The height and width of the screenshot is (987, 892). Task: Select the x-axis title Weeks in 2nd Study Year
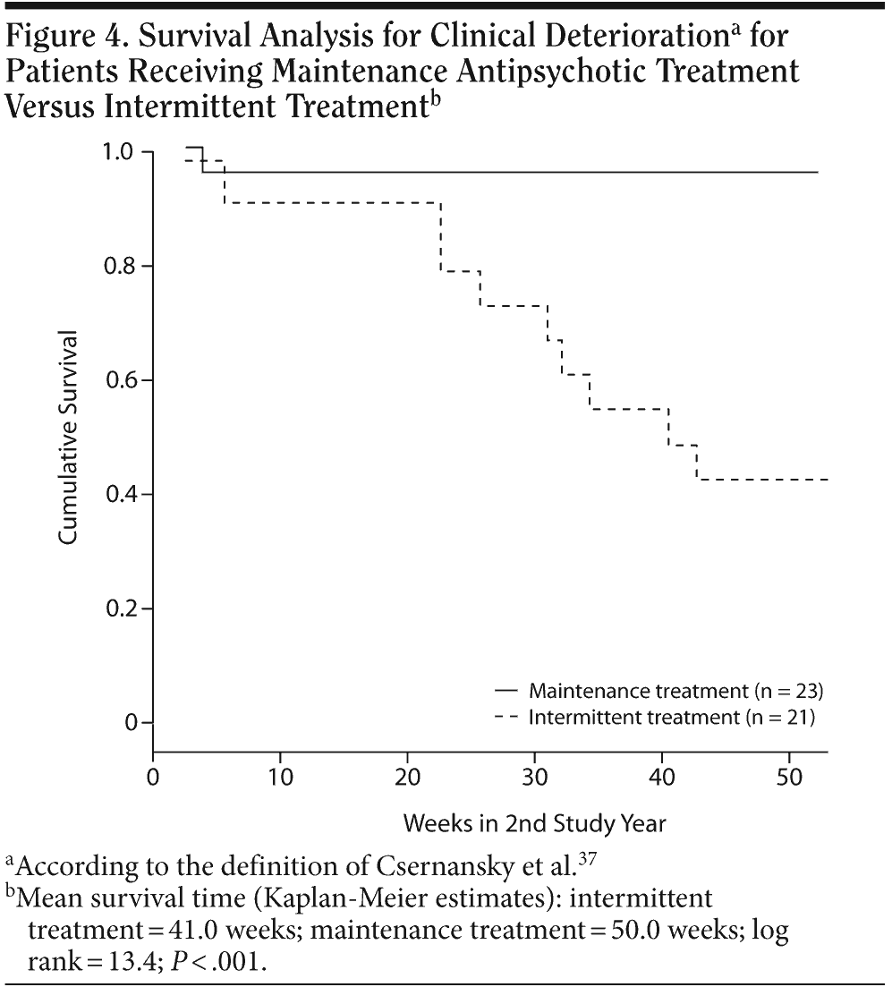(535, 821)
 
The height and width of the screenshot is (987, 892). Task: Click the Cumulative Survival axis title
(68, 438)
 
